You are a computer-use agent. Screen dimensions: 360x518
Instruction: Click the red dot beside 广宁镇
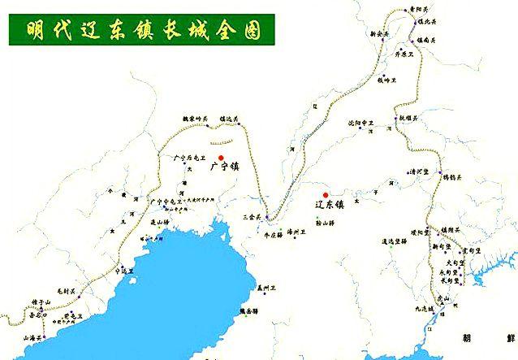click(220, 158)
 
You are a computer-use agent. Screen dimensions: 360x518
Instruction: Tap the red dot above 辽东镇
click(326, 195)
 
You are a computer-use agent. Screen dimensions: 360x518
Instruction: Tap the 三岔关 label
click(253, 218)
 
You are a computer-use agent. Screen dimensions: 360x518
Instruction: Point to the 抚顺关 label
click(408, 118)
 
